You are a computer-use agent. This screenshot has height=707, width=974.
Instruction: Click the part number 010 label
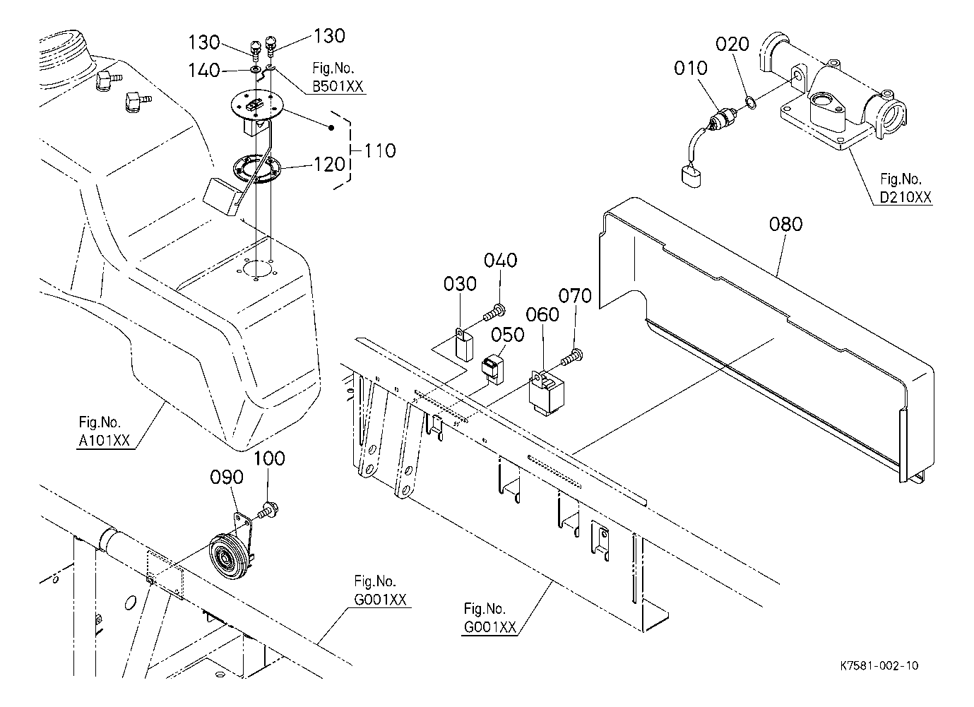[x=691, y=69]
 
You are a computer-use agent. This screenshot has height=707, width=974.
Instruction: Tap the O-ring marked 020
[x=751, y=102]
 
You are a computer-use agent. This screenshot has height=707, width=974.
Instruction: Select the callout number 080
[x=785, y=225]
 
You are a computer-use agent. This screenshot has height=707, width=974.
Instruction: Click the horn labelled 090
[x=231, y=549]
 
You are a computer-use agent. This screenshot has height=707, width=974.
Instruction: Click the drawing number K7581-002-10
[x=879, y=666]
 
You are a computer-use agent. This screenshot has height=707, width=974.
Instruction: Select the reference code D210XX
[x=905, y=197]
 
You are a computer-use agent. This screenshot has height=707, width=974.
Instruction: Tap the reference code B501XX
[x=338, y=87]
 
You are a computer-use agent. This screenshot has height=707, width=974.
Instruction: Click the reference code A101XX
[x=104, y=441]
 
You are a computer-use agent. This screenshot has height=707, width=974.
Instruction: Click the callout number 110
[x=379, y=151]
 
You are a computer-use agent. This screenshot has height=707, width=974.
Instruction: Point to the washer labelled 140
[x=255, y=69]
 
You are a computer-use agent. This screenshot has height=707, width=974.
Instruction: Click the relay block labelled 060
[x=546, y=392]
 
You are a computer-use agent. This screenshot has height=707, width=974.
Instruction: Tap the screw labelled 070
[x=572, y=357]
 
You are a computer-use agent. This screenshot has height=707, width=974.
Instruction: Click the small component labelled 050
[x=493, y=369]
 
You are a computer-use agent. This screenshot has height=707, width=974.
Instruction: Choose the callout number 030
[x=460, y=284]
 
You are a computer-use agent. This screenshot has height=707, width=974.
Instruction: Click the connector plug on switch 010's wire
[x=691, y=177]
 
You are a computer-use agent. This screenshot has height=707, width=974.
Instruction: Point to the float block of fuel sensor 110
[x=221, y=196]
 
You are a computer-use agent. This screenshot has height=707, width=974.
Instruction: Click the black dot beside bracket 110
[x=331, y=128]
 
